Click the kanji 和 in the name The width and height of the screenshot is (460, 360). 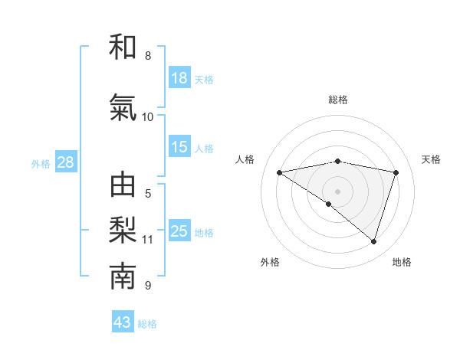(123, 47)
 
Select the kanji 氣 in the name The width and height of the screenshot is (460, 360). (123, 109)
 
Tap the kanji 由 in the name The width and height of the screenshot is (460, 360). (123, 185)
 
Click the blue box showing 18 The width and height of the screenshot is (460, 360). (179, 78)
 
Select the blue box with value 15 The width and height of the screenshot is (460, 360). (179, 147)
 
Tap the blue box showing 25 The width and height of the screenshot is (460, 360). (179, 231)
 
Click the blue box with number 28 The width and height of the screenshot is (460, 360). (65, 162)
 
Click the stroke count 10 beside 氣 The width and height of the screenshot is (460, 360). (148, 117)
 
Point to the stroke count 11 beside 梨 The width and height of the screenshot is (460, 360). (148, 240)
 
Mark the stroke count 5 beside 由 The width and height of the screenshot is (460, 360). (148, 194)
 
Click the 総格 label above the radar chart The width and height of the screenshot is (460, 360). (337, 100)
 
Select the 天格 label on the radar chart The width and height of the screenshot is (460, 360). (431, 159)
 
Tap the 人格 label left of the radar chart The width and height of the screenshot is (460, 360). (245, 159)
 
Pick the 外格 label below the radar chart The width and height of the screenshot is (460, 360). (270, 263)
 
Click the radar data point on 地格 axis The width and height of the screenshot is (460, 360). (373, 241)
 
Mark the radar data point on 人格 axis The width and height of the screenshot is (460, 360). (279, 172)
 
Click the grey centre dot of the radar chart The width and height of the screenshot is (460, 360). (337, 191)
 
